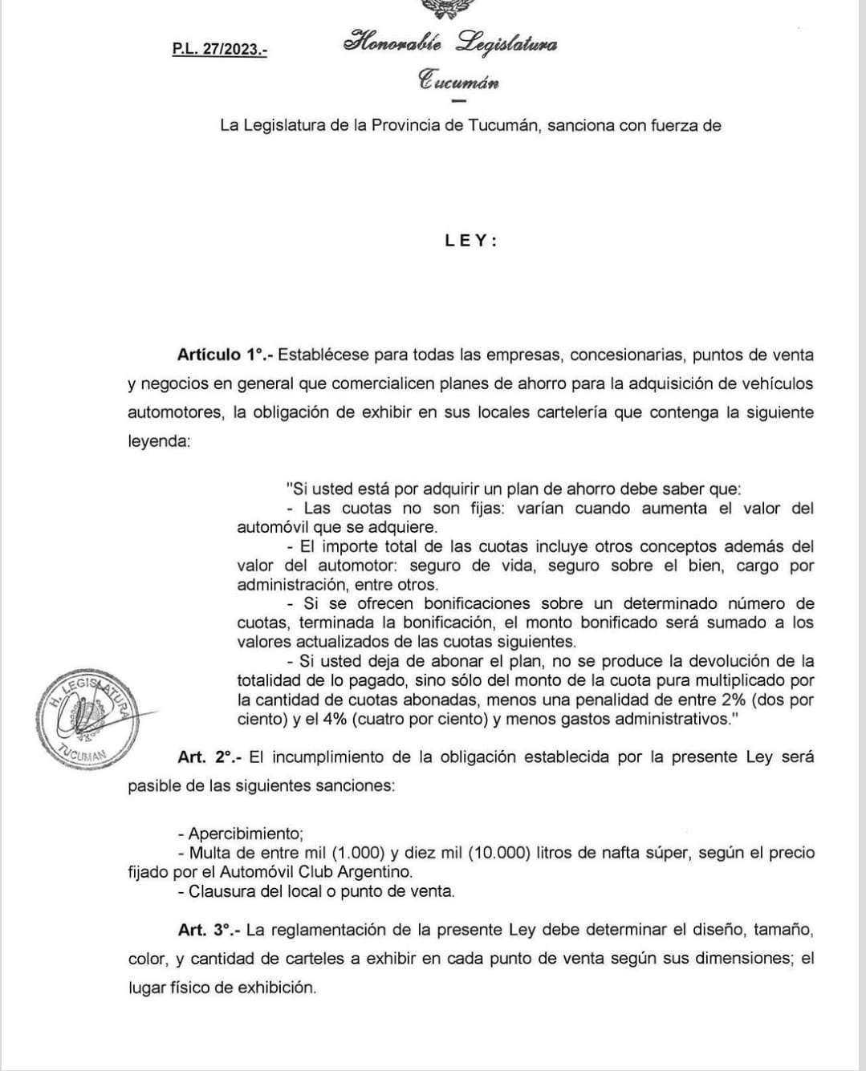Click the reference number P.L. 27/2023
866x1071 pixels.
click(x=219, y=49)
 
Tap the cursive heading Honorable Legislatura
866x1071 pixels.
click(x=450, y=43)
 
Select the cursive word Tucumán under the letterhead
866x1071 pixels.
click(x=458, y=81)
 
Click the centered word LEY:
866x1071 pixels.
click(x=471, y=241)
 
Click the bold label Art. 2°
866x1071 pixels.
click(x=206, y=757)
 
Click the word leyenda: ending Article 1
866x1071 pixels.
click(x=159, y=441)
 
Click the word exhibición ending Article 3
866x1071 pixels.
click(x=276, y=988)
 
